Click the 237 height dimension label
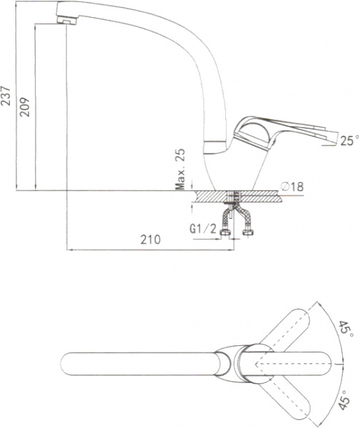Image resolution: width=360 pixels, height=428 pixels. point(6,96)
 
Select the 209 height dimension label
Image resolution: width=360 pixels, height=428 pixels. point(25,107)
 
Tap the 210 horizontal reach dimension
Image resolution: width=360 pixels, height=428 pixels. point(150,240)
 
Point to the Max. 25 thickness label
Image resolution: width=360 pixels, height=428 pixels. point(180,169)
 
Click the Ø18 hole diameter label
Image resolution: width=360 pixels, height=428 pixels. point(292,187)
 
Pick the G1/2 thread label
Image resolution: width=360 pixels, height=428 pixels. point(203,229)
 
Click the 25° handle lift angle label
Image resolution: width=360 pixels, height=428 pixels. point(349,141)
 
